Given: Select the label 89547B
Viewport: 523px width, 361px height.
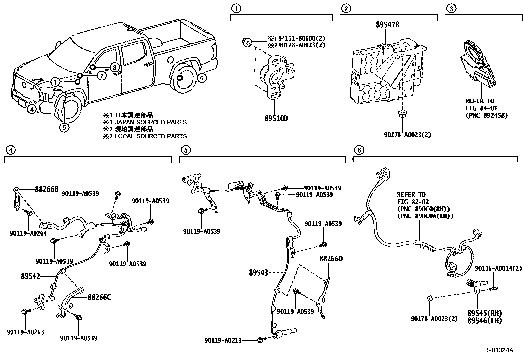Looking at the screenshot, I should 388,25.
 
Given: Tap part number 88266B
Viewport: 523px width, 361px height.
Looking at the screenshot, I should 47,189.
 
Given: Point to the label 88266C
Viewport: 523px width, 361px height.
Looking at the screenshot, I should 99,298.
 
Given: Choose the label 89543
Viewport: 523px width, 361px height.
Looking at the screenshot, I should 259,272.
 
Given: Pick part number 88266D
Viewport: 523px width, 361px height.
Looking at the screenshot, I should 331,259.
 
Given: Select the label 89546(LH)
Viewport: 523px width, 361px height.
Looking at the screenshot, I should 485,320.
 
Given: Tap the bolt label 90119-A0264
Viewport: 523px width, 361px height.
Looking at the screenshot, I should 28,233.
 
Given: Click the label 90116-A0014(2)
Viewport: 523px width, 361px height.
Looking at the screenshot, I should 498,268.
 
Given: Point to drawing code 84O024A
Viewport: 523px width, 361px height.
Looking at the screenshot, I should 500,350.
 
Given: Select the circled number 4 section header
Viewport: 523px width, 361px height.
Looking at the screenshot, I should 10,150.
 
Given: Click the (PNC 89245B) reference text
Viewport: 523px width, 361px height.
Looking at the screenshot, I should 487,116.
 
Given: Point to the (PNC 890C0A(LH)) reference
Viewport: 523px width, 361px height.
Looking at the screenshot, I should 425,216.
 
